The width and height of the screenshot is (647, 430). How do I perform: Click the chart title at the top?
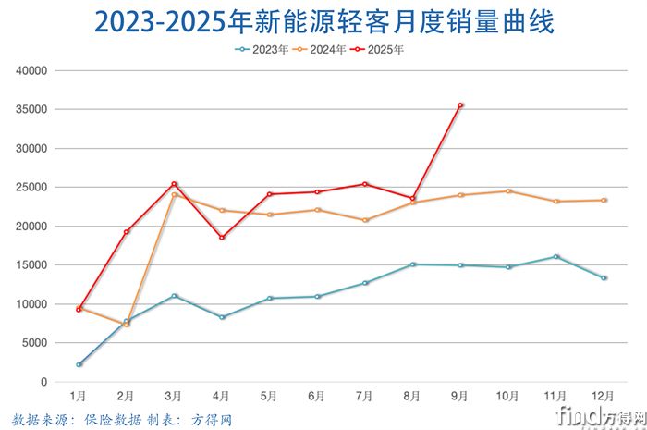click(323, 21)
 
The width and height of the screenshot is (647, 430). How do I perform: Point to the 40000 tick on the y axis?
click(32, 70)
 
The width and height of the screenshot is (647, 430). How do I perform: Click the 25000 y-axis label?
click(32, 187)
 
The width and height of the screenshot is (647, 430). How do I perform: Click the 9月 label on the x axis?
click(460, 396)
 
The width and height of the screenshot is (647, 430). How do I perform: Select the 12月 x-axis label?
click(604, 396)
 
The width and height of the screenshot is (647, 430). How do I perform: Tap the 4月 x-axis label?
click(222, 396)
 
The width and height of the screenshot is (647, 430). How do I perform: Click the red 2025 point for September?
click(460, 105)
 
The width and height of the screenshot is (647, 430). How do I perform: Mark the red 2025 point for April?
click(222, 238)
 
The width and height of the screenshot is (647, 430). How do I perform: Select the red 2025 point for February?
click(127, 231)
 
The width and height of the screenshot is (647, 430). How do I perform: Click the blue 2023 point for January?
click(79, 364)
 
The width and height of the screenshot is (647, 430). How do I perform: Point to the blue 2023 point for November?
click(556, 257)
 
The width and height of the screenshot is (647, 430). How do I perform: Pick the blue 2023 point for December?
click(604, 278)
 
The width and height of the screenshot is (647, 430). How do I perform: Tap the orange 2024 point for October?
click(508, 191)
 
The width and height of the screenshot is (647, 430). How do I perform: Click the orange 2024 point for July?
click(365, 220)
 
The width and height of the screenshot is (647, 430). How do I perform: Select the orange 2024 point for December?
click(604, 200)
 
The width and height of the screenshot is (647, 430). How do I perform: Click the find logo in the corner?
click(591, 412)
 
